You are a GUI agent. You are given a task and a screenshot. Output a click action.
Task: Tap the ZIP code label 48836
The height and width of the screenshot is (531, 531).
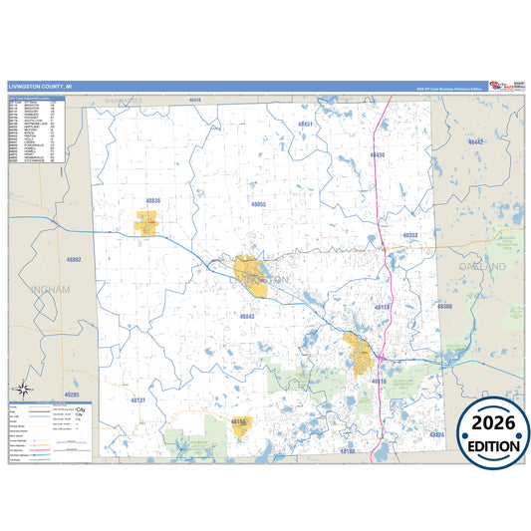[151, 201]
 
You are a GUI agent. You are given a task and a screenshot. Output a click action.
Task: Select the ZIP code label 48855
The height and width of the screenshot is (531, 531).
[258, 204]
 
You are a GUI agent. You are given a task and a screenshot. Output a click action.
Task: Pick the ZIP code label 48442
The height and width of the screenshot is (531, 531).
[475, 142]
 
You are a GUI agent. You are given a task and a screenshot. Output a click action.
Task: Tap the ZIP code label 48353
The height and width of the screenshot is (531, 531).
[410, 236]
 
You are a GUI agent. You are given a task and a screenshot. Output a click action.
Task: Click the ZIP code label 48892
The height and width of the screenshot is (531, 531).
[74, 260]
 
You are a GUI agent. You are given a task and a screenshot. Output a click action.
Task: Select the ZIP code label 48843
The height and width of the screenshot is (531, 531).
[248, 316]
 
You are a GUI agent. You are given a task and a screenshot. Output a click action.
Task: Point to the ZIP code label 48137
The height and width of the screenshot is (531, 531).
[138, 399]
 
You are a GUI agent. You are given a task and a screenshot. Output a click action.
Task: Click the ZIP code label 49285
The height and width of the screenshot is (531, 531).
[72, 395]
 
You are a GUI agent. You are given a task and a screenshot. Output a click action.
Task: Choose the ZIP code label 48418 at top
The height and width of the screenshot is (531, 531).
[195, 101]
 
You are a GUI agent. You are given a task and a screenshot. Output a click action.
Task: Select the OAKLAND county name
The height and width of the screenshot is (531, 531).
[483, 267]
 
